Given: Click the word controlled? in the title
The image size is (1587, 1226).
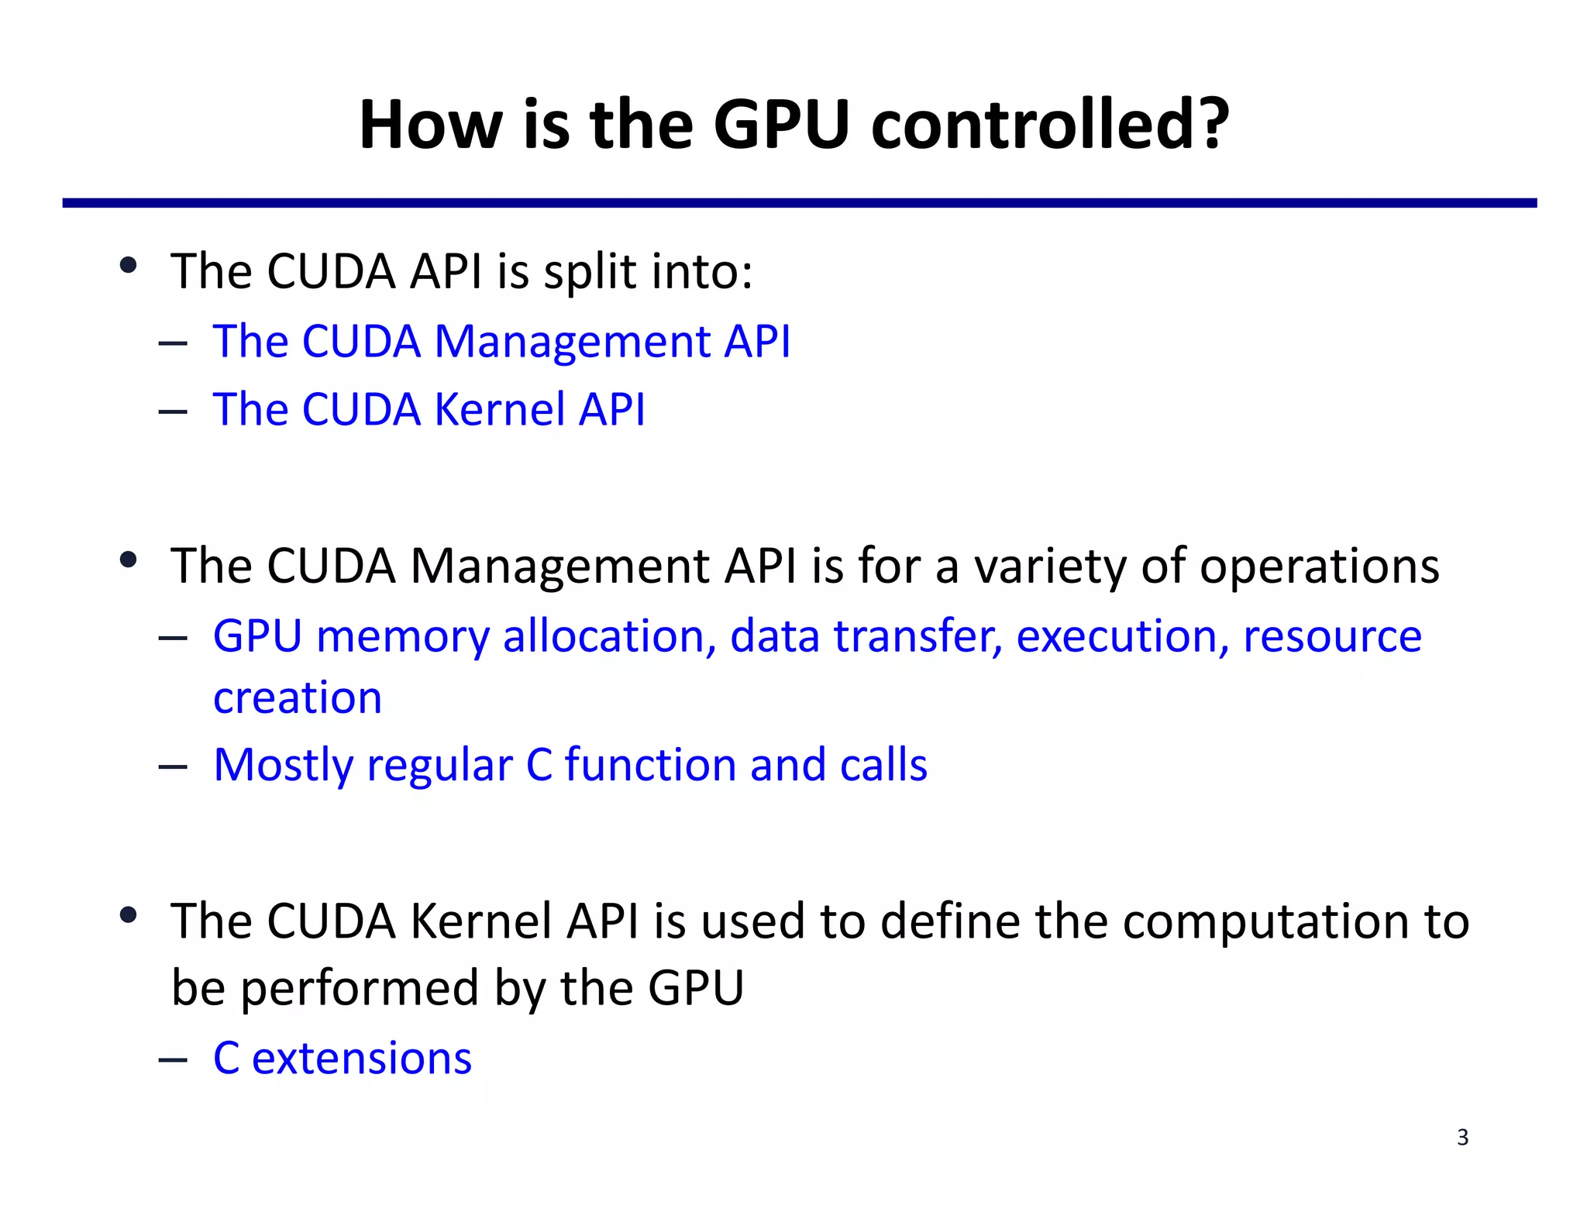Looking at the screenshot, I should click(x=1049, y=126).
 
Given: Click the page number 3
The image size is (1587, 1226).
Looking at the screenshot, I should click(x=1462, y=1137).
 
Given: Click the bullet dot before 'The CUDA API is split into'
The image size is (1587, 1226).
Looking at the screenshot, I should click(x=129, y=266).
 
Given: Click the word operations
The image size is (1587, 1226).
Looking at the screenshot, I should click(x=1319, y=567).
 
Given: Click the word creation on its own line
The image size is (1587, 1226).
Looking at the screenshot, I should click(x=298, y=697).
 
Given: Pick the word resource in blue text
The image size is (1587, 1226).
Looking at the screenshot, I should click(x=1332, y=637).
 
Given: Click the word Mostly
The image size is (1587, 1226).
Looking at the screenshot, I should click(x=284, y=766).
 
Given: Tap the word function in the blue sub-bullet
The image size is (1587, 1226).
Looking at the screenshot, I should click(x=650, y=766).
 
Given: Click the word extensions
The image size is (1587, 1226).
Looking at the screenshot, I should click(x=361, y=1059).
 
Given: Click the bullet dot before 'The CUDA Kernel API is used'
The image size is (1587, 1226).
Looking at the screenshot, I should click(x=129, y=915).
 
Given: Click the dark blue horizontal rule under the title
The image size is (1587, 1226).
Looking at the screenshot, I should click(x=798, y=203).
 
